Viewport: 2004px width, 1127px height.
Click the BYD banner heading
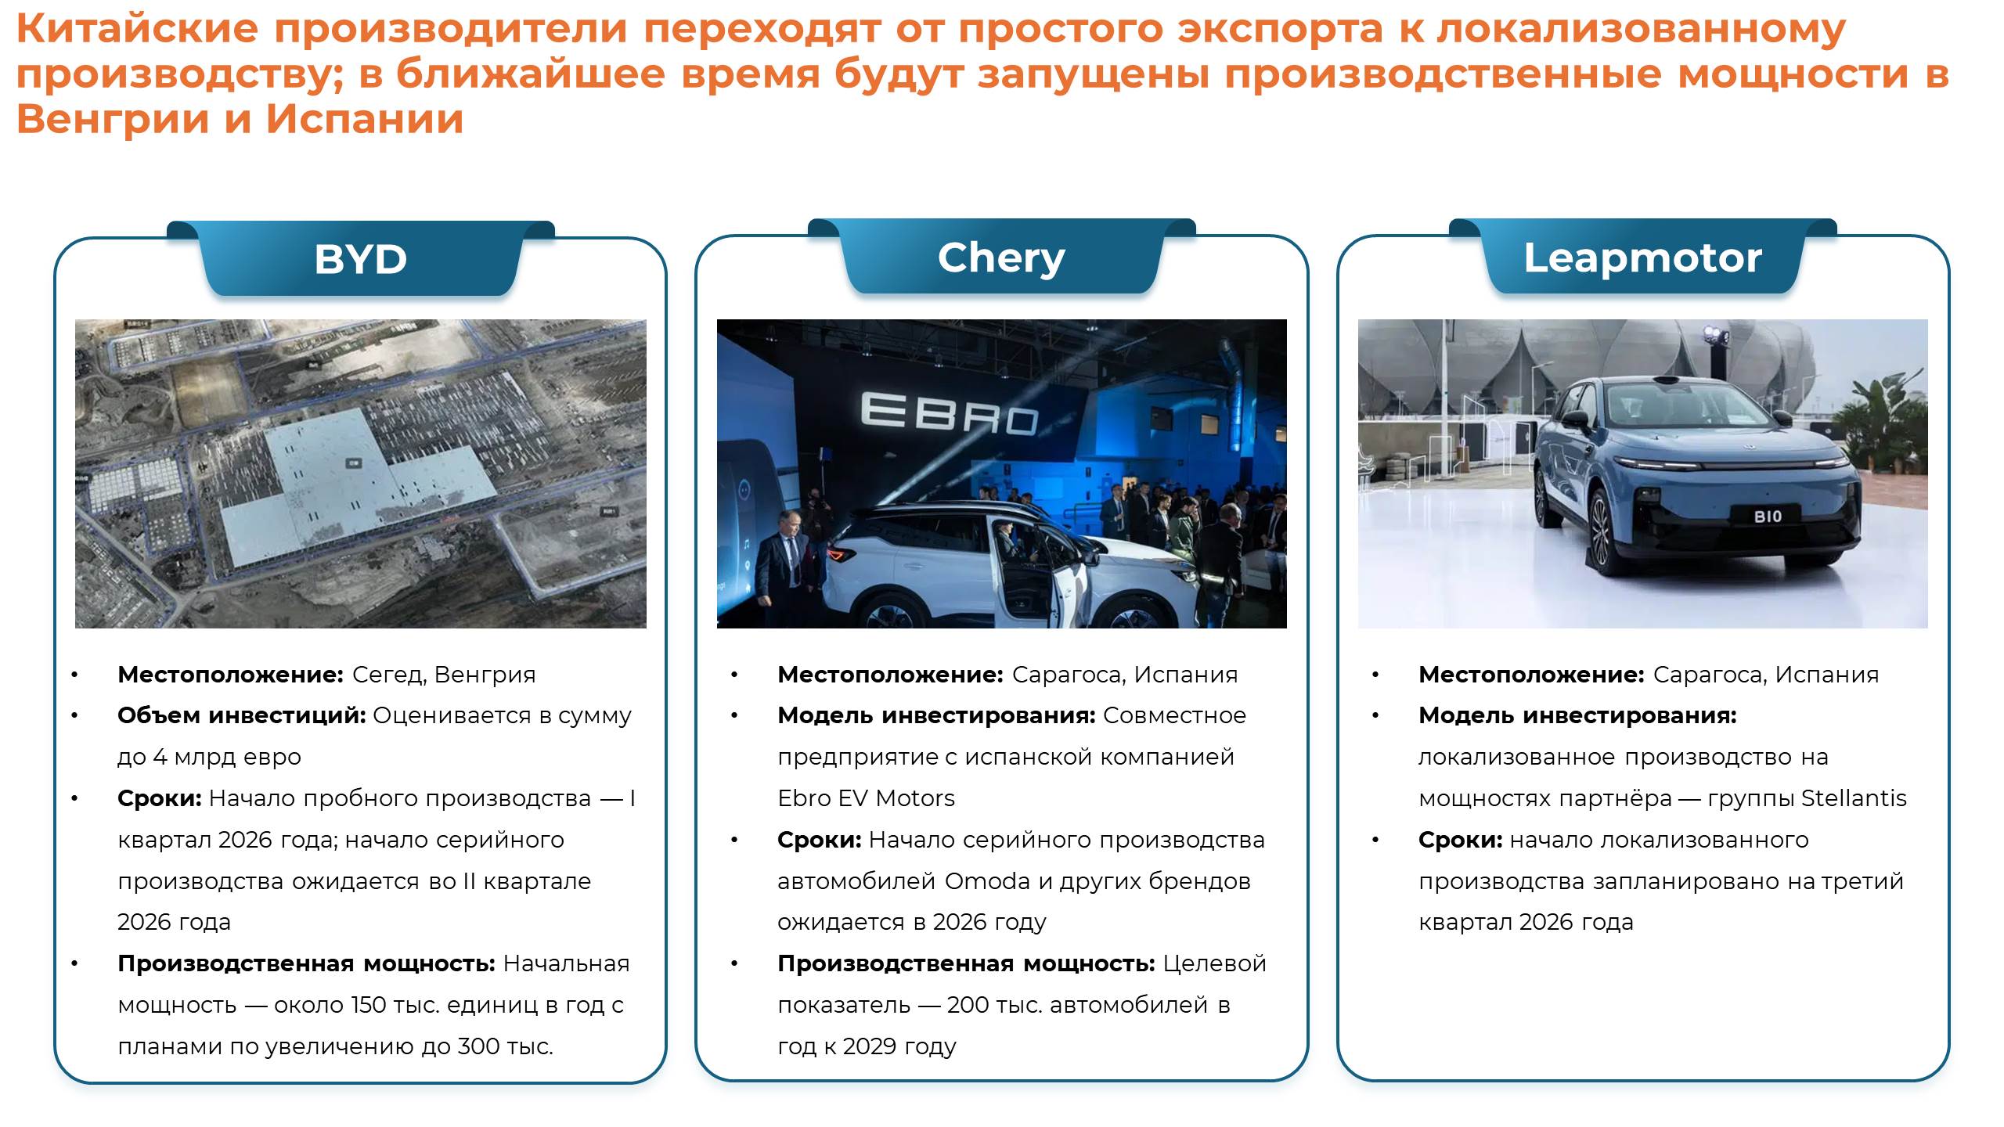(360, 259)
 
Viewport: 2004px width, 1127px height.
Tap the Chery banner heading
(1001, 258)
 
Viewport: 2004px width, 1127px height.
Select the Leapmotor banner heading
(1642, 257)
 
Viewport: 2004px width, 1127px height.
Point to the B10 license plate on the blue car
(1768, 517)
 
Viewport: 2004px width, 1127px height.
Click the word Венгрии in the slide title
(113, 120)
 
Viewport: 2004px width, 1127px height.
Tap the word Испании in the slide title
(364, 120)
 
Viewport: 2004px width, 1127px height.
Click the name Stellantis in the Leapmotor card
(1854, 798)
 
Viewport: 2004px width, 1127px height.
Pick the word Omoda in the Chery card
(987, 881)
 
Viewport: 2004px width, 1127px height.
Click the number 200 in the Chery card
(968, 1005)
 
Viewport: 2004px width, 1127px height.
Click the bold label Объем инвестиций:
(242, 716)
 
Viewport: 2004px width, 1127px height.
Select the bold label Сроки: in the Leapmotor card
(1461, 841)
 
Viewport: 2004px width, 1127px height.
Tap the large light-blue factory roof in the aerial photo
(356, 485)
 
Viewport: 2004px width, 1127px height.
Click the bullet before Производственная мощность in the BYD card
(75, 964)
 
